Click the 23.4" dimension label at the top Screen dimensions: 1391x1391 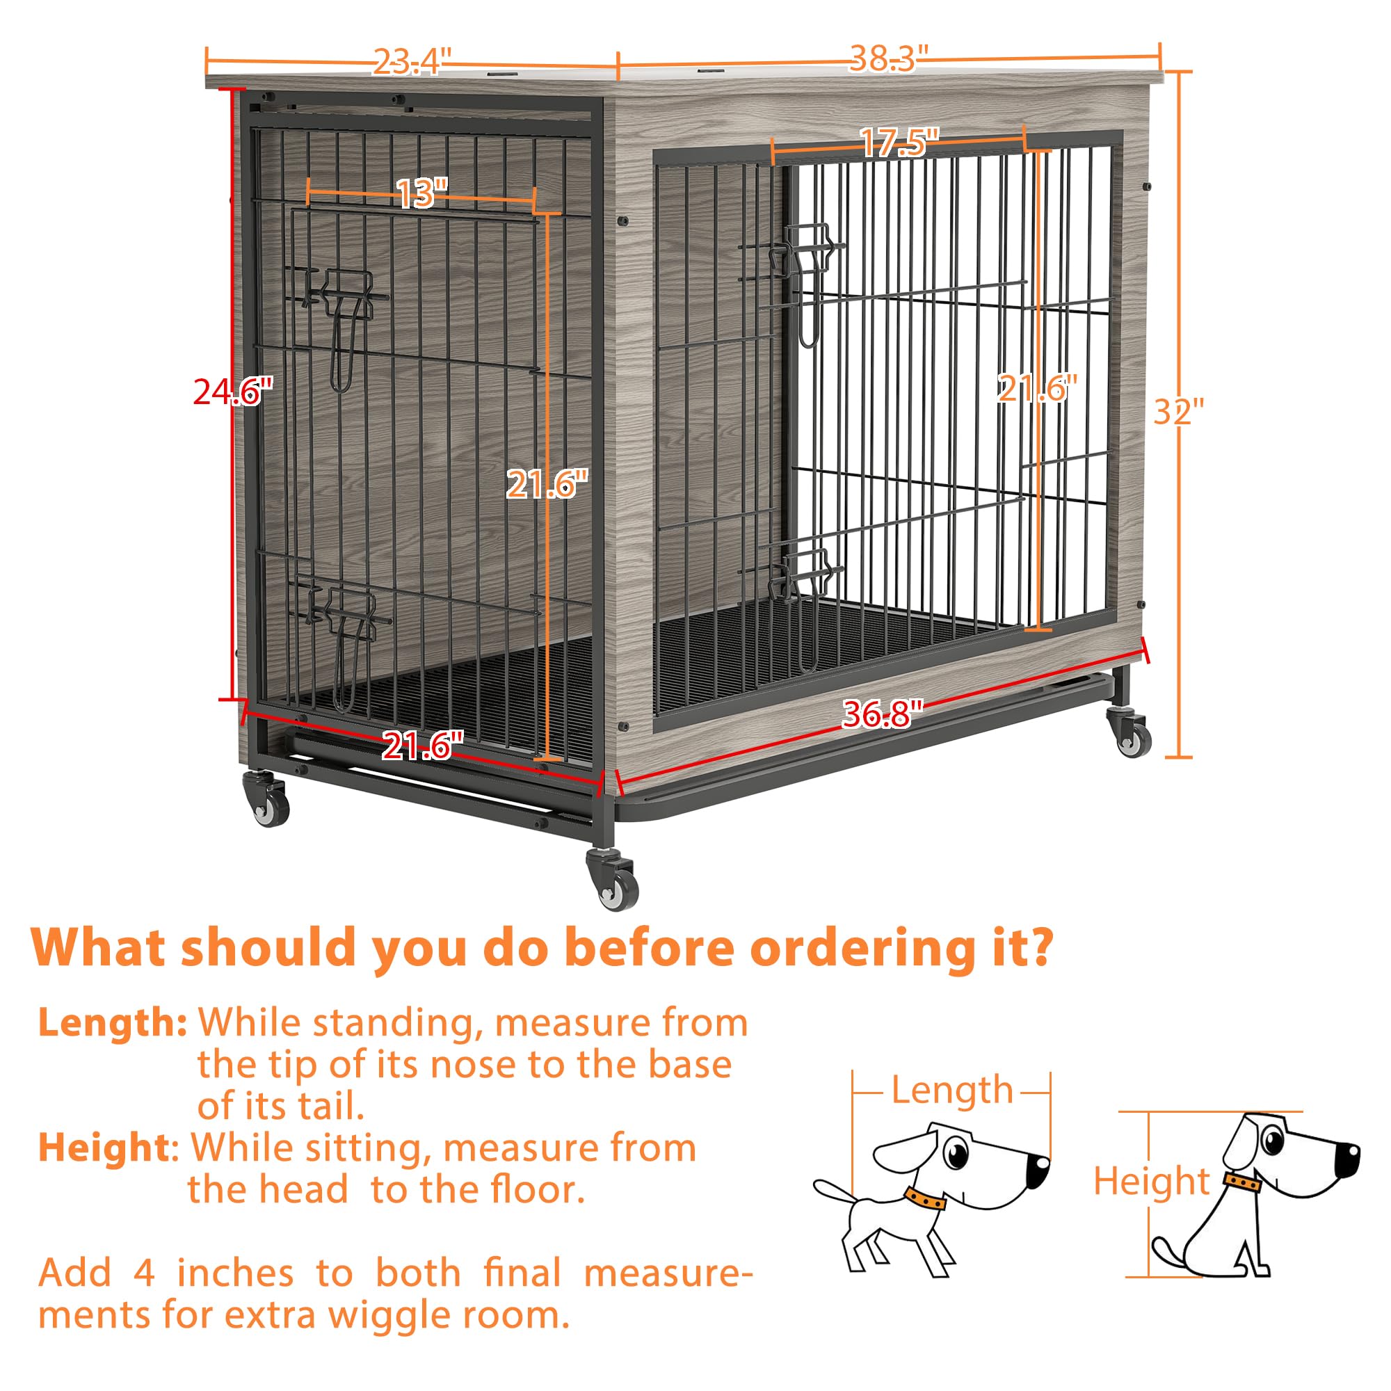(412, 62)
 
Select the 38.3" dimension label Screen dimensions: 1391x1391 (888, 58)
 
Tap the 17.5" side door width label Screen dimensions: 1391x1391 (900, 143)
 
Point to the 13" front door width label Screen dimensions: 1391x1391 (422, 193)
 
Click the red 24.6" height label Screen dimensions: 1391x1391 (232, 392)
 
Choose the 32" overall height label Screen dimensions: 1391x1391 (1179, 411)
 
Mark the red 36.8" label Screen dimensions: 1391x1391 (883, 714)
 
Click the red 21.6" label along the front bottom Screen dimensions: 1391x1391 (422, 745)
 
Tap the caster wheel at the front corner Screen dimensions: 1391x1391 (613, 880)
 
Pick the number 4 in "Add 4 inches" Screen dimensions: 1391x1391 (144, 1273)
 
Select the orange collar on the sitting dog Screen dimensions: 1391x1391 (1243, 1182)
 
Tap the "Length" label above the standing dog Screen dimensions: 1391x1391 (952, 1090)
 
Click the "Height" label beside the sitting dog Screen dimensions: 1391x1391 (1151, 1182)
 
